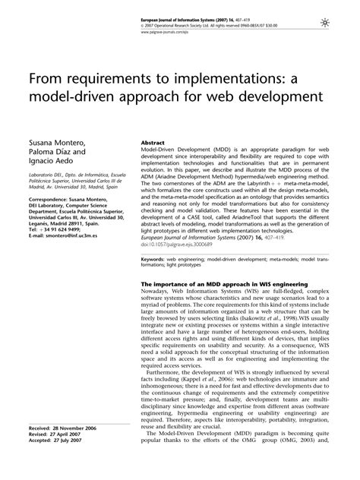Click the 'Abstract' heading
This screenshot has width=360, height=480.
coord(154,142)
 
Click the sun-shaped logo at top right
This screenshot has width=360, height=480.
coord(346,25)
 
